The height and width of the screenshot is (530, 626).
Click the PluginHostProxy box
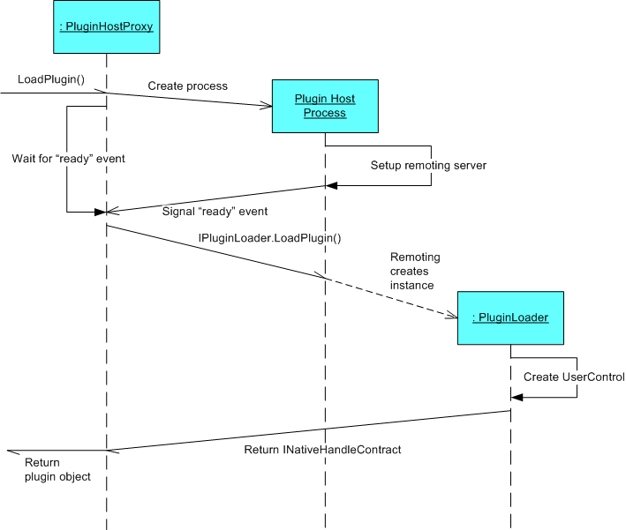(x=107, y=26)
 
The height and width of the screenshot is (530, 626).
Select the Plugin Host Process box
(x=326, y=106)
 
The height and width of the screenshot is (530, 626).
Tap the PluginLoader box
(x=510, y=317)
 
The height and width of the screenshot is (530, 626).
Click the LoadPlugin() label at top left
(x=51, y=79)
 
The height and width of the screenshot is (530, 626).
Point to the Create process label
(x=188, y=86)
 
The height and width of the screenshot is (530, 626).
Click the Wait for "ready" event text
(x=68, y=159)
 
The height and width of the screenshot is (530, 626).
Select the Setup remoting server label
(x=428, y=166)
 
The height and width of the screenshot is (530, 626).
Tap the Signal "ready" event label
(x=215, y=212)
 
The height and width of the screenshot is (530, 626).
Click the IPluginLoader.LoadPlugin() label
(x=270, y=238)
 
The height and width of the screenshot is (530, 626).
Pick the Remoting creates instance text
(x=415, y=272)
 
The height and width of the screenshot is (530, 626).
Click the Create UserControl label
(x=574, y=377)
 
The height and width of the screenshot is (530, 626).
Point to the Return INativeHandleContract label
(x=322, y=450)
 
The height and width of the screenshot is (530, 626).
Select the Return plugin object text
(x=57, y=470)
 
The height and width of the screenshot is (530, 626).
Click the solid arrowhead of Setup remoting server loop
(x=332, y=185)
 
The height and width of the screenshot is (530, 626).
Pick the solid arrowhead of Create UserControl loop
(x=517, y=397)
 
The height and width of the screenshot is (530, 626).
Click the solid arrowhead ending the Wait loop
(x=100, y=213)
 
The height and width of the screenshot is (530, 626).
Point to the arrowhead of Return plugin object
(x=12, y=452)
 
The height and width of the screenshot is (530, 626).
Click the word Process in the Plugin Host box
(x=325, y=113)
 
